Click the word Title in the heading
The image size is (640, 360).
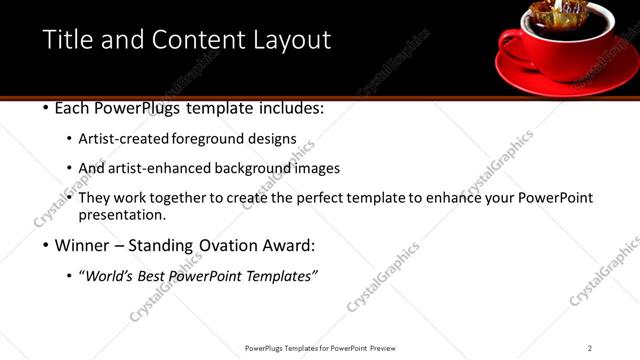coord(67,40)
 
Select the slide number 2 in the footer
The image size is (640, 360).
coord(589,348)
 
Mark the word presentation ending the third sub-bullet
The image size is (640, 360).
coord(122,214)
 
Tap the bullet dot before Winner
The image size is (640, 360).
coord(46,245)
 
